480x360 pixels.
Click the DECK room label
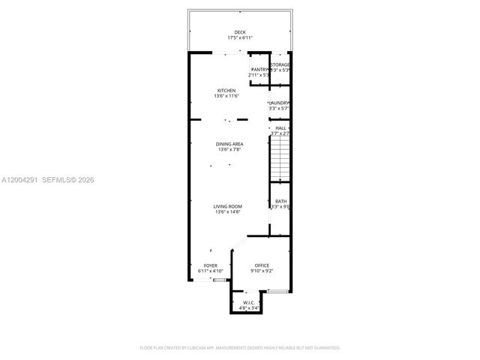[239, 32]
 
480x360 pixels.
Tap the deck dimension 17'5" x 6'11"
[239, 38]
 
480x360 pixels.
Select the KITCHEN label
[226, 91]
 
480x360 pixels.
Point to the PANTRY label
[259, 70]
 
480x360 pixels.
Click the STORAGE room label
[280, 65]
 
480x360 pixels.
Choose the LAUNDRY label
[280, 103]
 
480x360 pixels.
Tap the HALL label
[280, 128]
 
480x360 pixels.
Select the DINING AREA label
[229, 144]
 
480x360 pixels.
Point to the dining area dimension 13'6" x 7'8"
[229, 150]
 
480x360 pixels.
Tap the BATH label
[280, 201]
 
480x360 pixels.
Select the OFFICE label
[262, 265]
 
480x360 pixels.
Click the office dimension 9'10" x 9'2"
[262, 271]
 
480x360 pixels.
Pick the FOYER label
[211, 265]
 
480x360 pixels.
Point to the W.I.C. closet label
[250, 302]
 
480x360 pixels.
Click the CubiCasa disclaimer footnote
[240, 348]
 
